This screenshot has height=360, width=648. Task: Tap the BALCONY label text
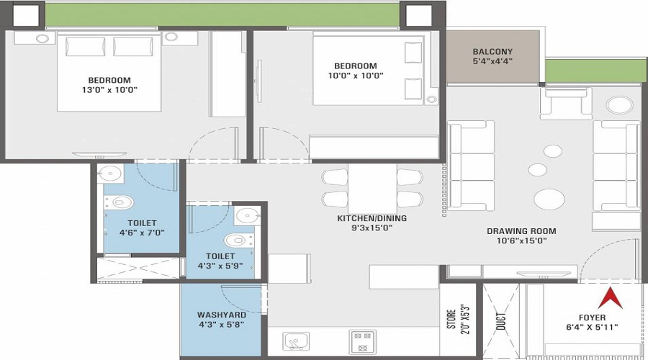tap(492, 52)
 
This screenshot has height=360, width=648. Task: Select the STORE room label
tap(451, 318)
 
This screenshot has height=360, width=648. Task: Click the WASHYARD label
tap(221, 315)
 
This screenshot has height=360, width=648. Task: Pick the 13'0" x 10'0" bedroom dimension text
tap(109, 90)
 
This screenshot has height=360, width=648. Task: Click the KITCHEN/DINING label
tap(372, 218)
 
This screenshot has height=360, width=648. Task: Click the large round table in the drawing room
tap(549, 199)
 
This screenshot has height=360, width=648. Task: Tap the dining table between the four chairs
tap(372, 188)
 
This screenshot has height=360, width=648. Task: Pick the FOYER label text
tap(591, 318)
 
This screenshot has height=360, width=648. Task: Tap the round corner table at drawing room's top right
tap(618, 105)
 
